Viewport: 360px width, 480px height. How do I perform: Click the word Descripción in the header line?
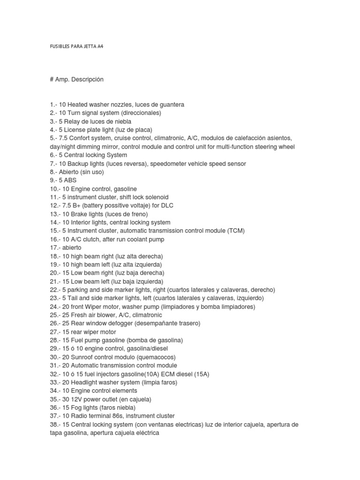coord(88,79)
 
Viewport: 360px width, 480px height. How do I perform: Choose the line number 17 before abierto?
coord(53,247)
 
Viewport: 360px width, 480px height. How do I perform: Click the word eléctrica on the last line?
coord(144,433)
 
